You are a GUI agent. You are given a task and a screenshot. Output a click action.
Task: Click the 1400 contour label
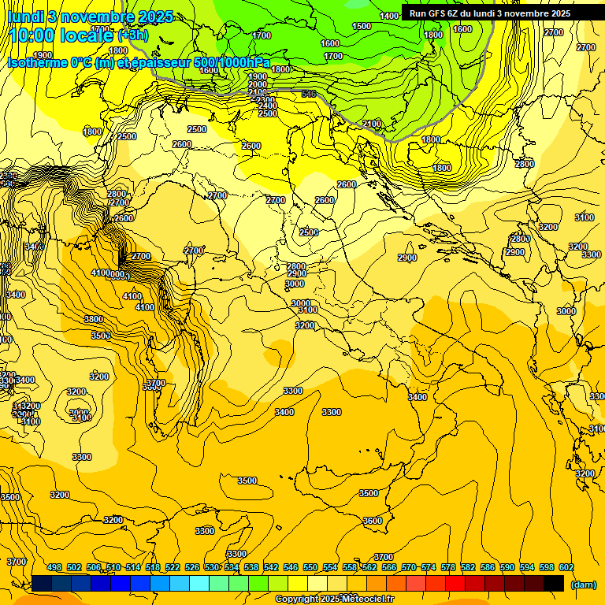[x=389, y=16]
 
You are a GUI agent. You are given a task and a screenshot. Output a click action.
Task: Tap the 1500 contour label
[x=362, y=26]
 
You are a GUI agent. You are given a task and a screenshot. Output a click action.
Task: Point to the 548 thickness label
[x=309, y=94]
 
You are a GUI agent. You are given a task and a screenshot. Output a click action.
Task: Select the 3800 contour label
[x=94, y=319]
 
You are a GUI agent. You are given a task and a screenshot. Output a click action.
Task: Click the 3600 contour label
[x=373, y=521]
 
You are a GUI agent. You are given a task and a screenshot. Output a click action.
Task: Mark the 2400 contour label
[x=268, y=106]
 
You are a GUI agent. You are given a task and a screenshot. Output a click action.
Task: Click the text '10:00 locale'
[x=61, y=35]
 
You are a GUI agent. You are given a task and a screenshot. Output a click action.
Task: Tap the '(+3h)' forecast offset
[x=132, y=35]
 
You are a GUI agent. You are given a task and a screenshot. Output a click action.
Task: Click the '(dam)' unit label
[x=583, y=584]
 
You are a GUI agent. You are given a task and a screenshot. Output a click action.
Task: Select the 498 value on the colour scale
[x=54, y=567]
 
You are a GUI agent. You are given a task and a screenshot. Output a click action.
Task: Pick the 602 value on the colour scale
[x=566, y=567]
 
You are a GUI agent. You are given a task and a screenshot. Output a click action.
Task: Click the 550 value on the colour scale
[x=310, y=567]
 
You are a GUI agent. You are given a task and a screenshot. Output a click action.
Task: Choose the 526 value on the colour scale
[x=192, y=567]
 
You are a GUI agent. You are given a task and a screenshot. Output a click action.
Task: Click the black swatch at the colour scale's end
[x=554, y=583]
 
